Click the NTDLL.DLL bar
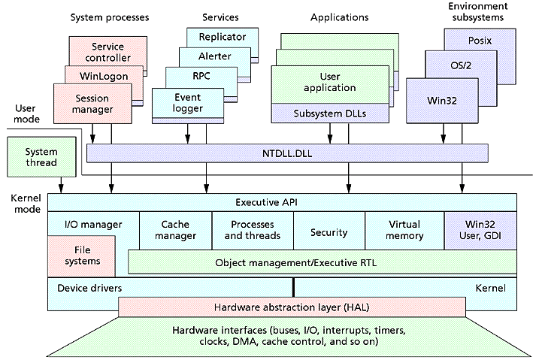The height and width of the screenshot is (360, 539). pos(287,153)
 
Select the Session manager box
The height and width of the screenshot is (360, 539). pos(92,104)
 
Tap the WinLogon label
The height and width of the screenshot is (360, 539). pos(104,76)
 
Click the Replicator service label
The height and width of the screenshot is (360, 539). pos(223,37)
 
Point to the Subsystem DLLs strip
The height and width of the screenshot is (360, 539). pos(330,113)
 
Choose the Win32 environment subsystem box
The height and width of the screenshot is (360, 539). pos(442,101)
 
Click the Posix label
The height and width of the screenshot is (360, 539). pos(480,41)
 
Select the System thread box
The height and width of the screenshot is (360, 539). pos(41,157)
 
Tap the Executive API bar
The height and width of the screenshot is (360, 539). pos(282,202)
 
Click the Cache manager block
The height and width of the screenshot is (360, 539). pos(175,230)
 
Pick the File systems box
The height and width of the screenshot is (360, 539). pos(81,256)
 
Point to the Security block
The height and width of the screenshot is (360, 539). pos(329,231)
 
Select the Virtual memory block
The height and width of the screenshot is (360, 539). pos(404,231)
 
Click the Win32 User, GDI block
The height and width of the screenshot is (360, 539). pos(480,231)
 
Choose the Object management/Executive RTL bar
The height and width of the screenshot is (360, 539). pos(322,262)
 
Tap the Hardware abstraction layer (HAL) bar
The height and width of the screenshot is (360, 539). pos(292,307)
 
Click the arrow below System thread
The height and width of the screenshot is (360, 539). pos(61,185)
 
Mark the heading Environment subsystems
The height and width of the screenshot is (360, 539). pos(478,12)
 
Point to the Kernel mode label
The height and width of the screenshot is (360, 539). pos(26,204)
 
